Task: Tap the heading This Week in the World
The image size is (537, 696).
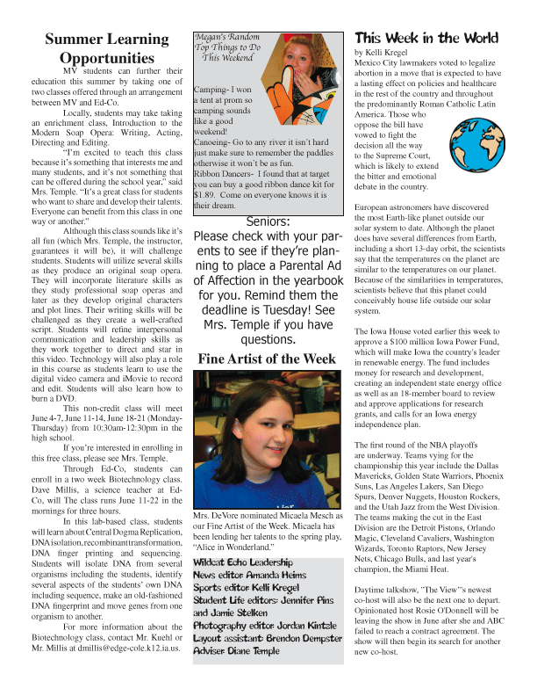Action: (426, 38)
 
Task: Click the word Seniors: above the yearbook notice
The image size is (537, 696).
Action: (267, 221)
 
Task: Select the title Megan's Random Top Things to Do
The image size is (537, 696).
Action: (231, 48)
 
